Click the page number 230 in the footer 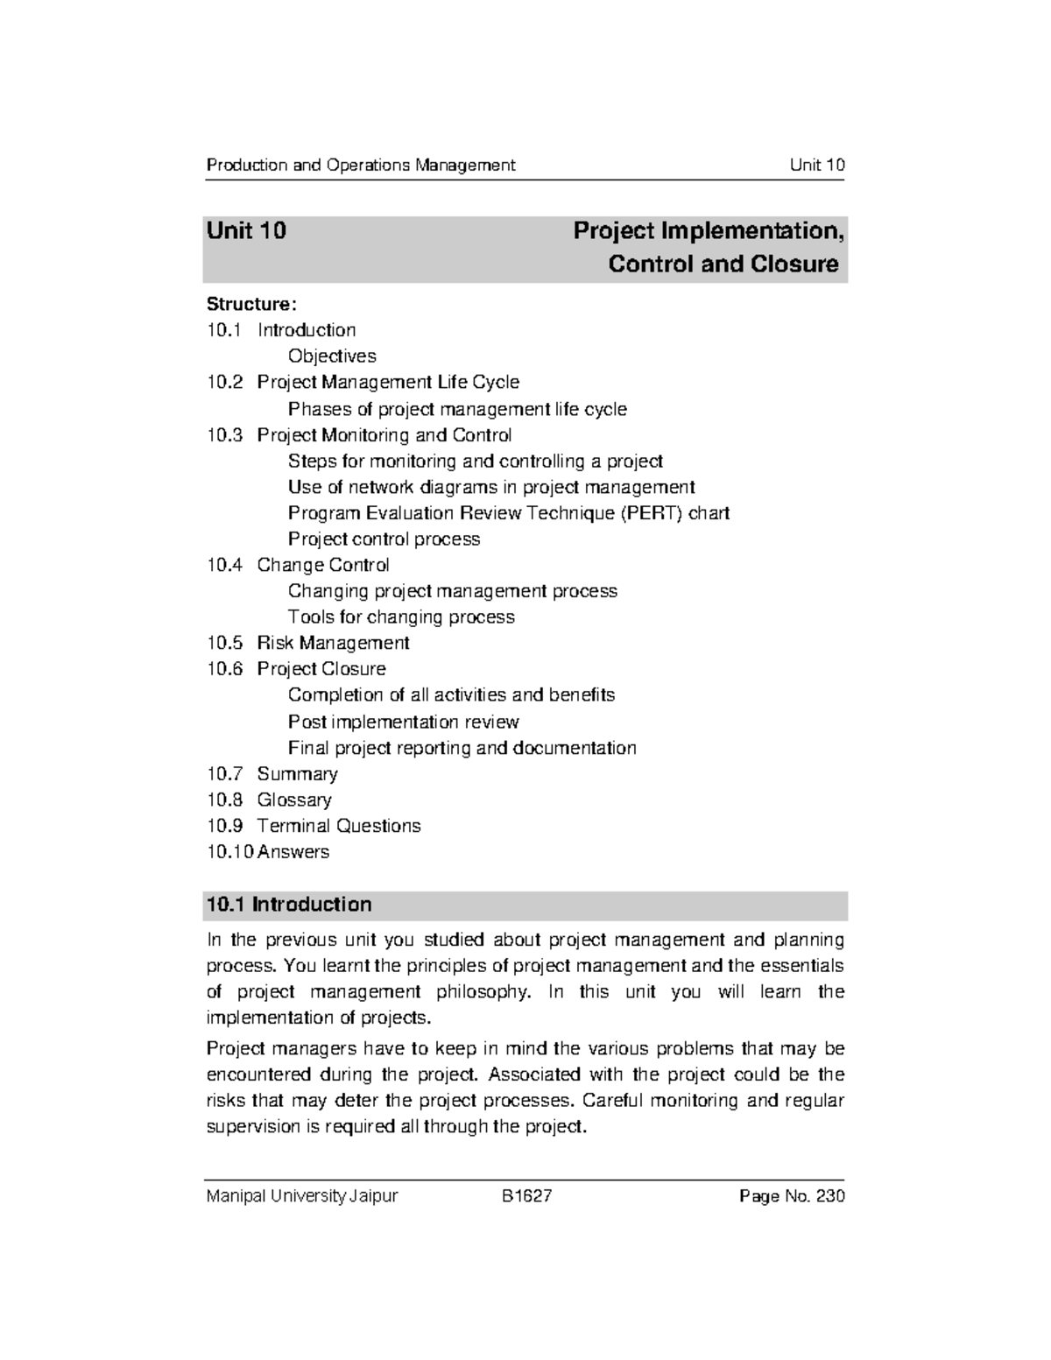click(x=830, y=1196)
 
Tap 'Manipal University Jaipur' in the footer click(x=301, y=1196)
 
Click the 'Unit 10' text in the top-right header click(x=816, y=165)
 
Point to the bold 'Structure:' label click(x=251, y=304)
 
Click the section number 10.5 click(x=224, y=643)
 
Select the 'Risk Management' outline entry click(x=333, y=643)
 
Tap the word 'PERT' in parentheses click(x=652, y=513)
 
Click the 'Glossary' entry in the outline click(x=294, y=800)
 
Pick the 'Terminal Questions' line click(x=338, y=826)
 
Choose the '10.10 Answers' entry click(x=268, y=852)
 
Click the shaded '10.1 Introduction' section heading click(x=289, y=905)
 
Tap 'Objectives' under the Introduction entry click(x=332, y=356)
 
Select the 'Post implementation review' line click(x=403, y=722)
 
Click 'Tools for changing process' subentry click(x=401, y=617)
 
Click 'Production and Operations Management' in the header click(x=360, y=165)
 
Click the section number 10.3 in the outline click(x=224, y=435)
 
